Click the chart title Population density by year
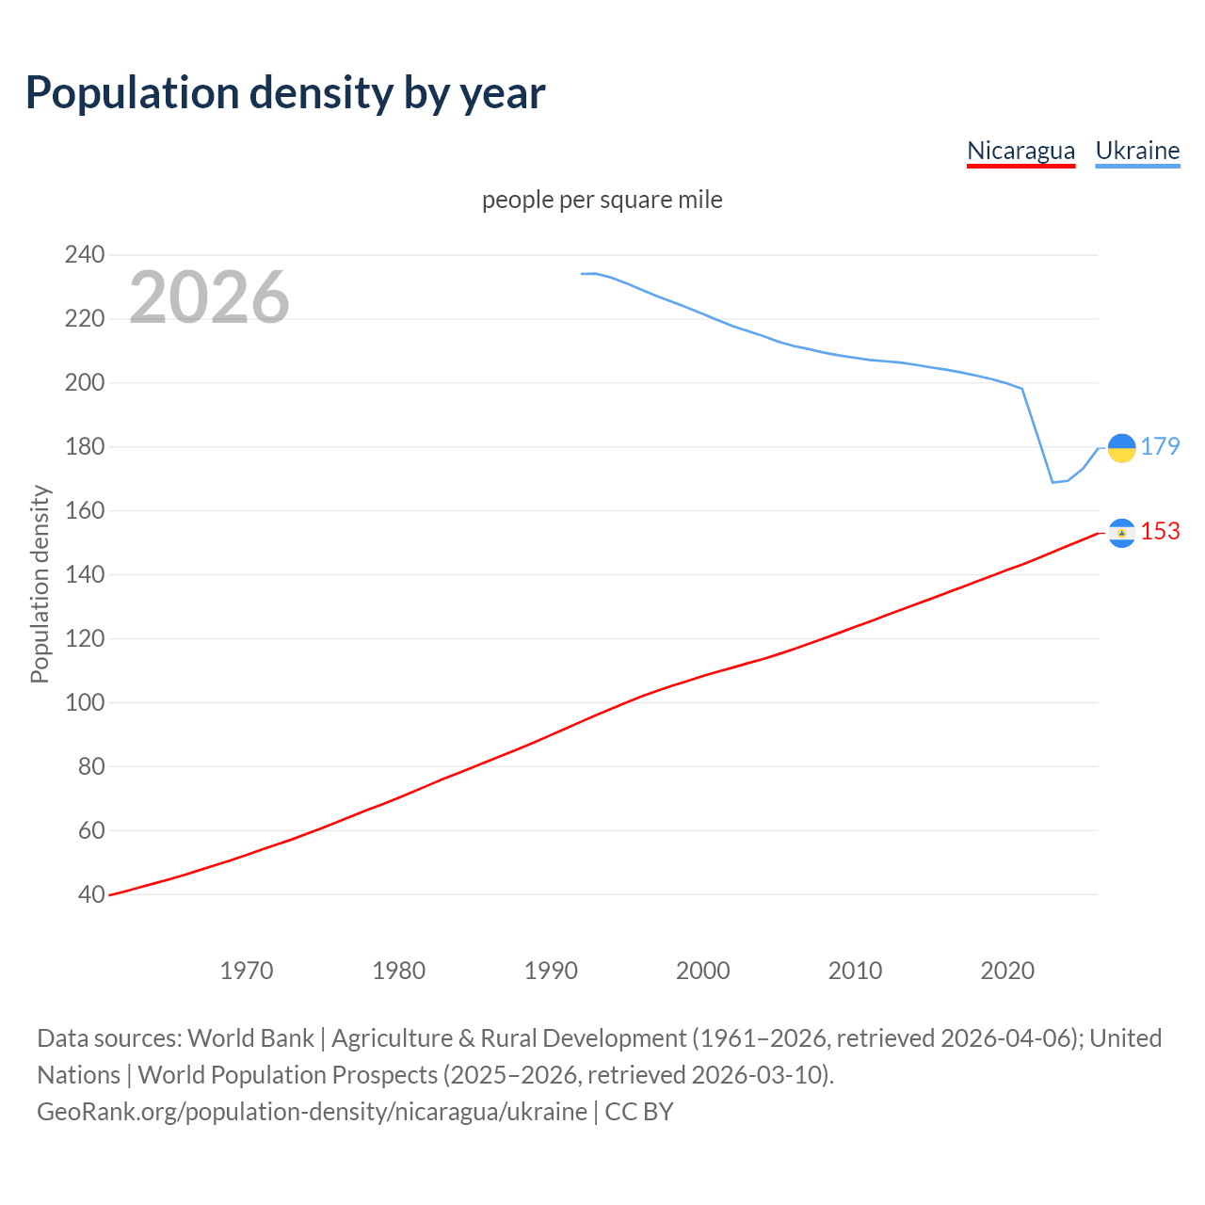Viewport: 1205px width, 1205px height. [285, 93]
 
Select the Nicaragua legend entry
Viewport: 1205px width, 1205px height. [1020, 152]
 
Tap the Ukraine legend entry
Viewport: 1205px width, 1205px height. [1137, 152]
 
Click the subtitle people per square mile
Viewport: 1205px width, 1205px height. [602, 200]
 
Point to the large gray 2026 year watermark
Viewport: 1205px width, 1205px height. [209, 297]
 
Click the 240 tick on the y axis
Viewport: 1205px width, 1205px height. [85, 254]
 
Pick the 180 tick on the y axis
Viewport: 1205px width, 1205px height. [85, 446]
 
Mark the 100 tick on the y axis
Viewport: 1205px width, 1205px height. [85, 702]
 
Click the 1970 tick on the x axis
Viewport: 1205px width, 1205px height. [247, 971]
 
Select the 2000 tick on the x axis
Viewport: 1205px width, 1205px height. [702, 971]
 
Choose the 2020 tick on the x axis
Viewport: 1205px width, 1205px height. [1007, 971]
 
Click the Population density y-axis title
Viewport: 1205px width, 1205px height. [40, 584]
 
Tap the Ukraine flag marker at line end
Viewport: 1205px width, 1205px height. [1121, 448]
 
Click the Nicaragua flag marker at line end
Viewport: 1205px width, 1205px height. [1121, 533]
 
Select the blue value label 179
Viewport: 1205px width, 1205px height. [1160, 446]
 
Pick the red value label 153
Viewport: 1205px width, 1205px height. [1160, 531]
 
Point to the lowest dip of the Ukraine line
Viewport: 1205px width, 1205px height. [1052, 482]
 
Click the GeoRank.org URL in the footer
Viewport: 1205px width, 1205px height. [312, 1112]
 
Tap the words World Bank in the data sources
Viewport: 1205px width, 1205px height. [250, 1038]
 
